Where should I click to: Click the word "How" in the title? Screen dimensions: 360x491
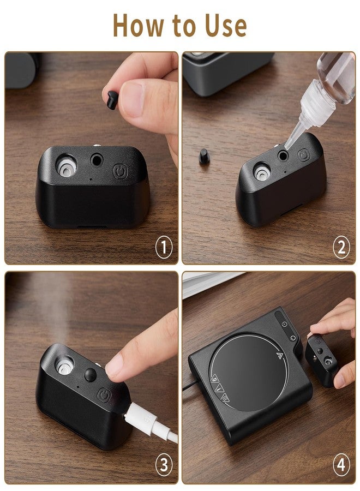[x=139, y=25]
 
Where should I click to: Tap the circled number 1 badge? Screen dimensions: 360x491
[x=164, y=247]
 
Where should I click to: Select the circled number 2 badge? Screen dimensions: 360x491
[x=341, y=247]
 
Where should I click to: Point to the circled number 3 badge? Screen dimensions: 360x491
[x=164, y=465]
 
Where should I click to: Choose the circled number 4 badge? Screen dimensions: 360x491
[x=341, y=465]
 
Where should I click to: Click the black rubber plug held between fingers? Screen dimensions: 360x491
[x=112, y=100]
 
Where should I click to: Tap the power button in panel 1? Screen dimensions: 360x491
[x=120, y=171]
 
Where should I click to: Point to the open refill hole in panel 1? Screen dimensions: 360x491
[x=97, y=160]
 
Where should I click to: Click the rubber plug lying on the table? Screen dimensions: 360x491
[x=203, y=156]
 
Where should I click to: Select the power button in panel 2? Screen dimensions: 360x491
[x=303, y=155]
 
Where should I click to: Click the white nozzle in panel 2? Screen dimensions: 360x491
[x=262, y=171]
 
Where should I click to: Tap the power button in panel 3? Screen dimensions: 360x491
[x=104, y=395]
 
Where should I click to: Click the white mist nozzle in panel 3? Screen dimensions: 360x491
[x=64, y=366]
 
